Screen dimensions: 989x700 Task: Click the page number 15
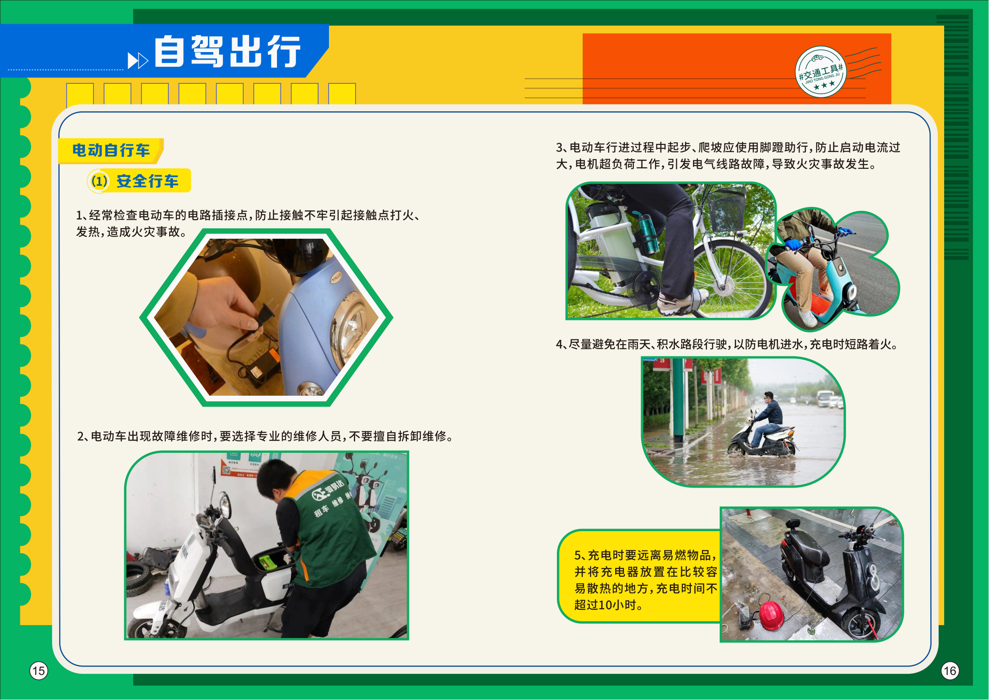(38, 671)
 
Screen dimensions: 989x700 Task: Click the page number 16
(950, 671)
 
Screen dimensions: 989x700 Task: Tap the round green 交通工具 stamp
(821, 72)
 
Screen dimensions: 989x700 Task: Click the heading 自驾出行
(227, 52)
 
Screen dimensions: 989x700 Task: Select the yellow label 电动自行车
(111, 150)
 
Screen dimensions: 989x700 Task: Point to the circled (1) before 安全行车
(99, 181)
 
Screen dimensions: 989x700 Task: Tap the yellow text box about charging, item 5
(639, 576)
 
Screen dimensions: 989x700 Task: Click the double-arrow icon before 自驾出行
(138, 61)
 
